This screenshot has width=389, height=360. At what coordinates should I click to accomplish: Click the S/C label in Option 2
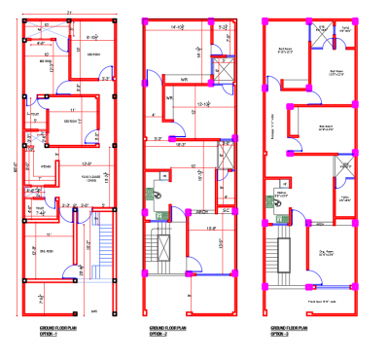225,210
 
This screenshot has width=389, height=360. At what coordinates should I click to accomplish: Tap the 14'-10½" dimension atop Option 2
177,29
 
